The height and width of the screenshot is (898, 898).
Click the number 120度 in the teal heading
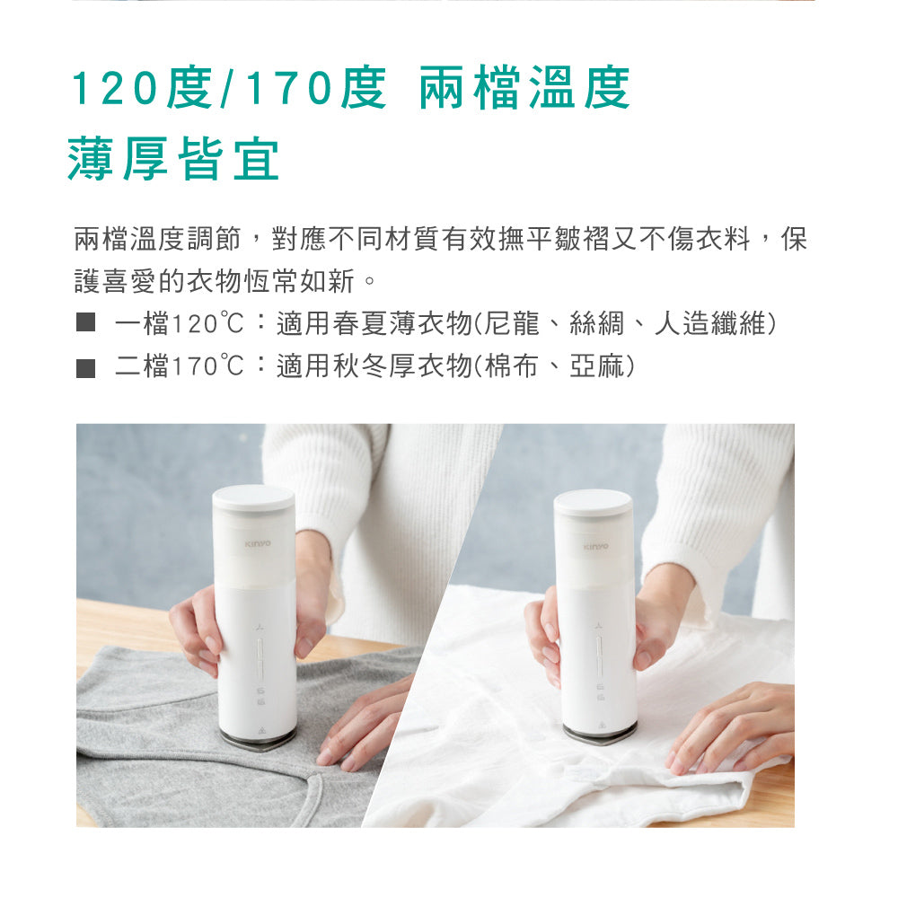[142, 90]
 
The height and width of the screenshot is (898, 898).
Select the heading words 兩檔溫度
[524, 90]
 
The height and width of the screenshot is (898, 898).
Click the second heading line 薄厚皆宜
[173, 160]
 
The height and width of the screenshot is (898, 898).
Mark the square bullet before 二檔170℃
[85, 367]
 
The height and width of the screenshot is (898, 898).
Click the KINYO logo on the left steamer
[257, 544]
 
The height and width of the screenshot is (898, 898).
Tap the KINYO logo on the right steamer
[595, 546]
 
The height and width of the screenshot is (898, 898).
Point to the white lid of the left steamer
[253, 497]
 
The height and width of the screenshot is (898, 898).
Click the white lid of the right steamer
[593, 501]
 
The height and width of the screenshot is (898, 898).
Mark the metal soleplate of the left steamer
[257, 738]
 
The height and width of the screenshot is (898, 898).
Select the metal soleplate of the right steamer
[599, 732]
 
